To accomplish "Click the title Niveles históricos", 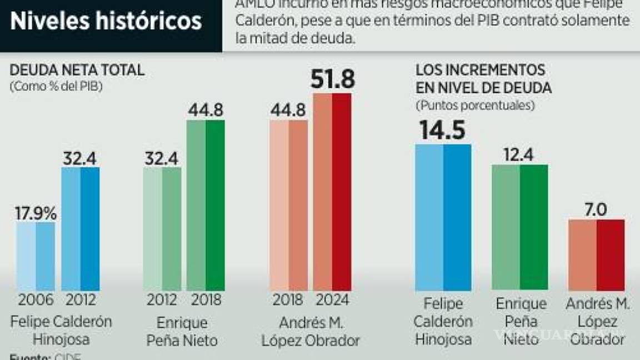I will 106,22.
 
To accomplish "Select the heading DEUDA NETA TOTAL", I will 77,71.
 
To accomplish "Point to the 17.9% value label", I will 36,213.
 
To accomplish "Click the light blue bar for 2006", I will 36,257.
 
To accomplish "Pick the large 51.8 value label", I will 332,79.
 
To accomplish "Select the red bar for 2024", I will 332,192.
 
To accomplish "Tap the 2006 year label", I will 36,301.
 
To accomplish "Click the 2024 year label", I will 332,301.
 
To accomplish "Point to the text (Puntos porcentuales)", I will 476,105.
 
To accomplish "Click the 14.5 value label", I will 443,130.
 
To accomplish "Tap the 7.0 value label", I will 596,209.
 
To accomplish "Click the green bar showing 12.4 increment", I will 519,228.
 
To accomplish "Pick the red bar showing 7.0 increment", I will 596,255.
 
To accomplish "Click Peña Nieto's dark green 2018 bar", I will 206,206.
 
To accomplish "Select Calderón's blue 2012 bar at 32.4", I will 81,229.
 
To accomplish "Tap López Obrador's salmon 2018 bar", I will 289,206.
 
